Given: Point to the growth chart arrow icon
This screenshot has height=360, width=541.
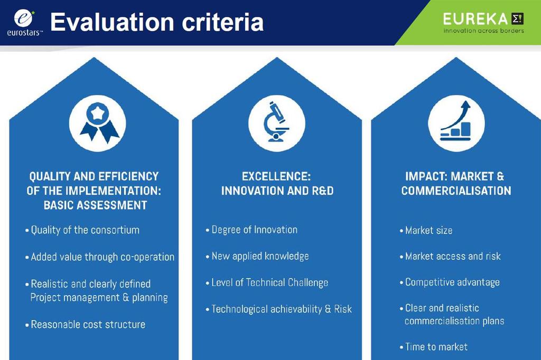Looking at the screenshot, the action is [x=455, y=121].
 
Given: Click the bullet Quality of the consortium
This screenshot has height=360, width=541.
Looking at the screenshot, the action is [x=82, y=230].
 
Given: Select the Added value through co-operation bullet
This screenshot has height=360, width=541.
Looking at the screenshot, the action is [x=100, y=257].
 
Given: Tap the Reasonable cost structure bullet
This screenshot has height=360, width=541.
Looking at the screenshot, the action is [x=85, y=325].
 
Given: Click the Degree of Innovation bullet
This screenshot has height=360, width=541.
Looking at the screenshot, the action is [x=251, y=230].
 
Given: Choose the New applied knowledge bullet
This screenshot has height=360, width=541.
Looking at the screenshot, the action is [x=257, y=256].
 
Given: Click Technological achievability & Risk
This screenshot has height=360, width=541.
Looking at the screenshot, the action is [x=279, y=309].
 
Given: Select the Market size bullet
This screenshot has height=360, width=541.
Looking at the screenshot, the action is [x=426, y=230].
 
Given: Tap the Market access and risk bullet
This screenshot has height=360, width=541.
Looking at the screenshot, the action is [x=450, y=256].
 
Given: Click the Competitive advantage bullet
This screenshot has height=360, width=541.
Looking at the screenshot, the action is [x=450, y=282].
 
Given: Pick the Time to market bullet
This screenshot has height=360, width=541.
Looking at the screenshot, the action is [x=434, y=347].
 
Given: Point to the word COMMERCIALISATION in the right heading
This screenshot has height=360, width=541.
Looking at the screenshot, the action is [x=456, y=191].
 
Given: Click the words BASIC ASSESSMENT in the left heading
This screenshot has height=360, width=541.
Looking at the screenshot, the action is [x=96, y=205].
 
